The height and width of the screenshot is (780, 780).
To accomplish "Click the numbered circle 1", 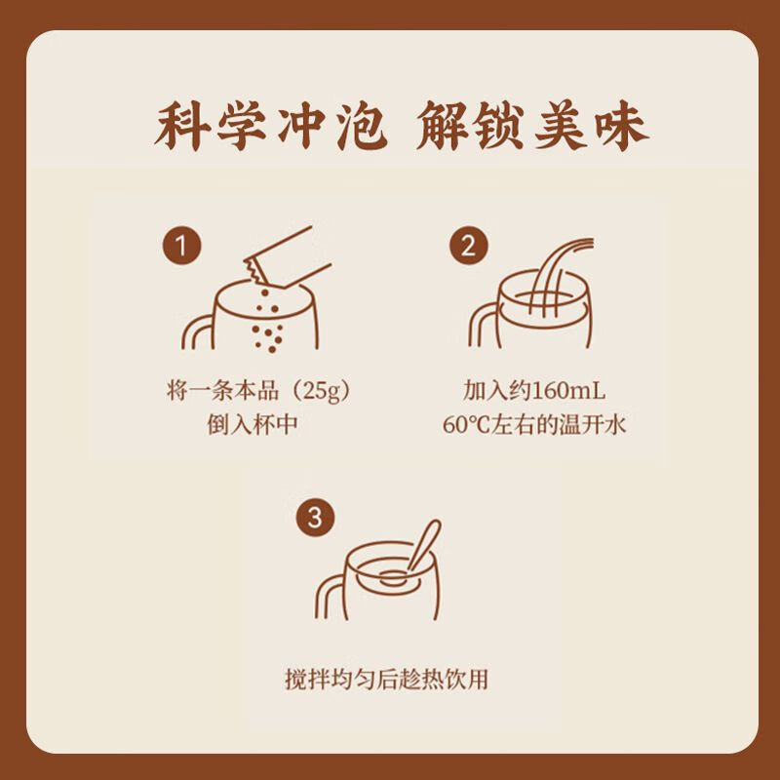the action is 181,247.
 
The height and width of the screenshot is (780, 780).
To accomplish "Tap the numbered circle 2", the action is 469,247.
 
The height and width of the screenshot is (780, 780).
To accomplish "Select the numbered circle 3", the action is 315,518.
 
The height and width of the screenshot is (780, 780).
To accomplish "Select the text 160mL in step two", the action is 568,391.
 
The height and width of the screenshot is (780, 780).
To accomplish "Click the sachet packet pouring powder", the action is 288,259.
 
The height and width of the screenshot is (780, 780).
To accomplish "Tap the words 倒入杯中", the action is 253,425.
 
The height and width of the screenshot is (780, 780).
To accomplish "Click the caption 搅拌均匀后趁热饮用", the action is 386,679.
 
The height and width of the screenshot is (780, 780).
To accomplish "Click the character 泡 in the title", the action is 362,126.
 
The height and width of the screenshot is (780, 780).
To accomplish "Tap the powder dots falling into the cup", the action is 267,321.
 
